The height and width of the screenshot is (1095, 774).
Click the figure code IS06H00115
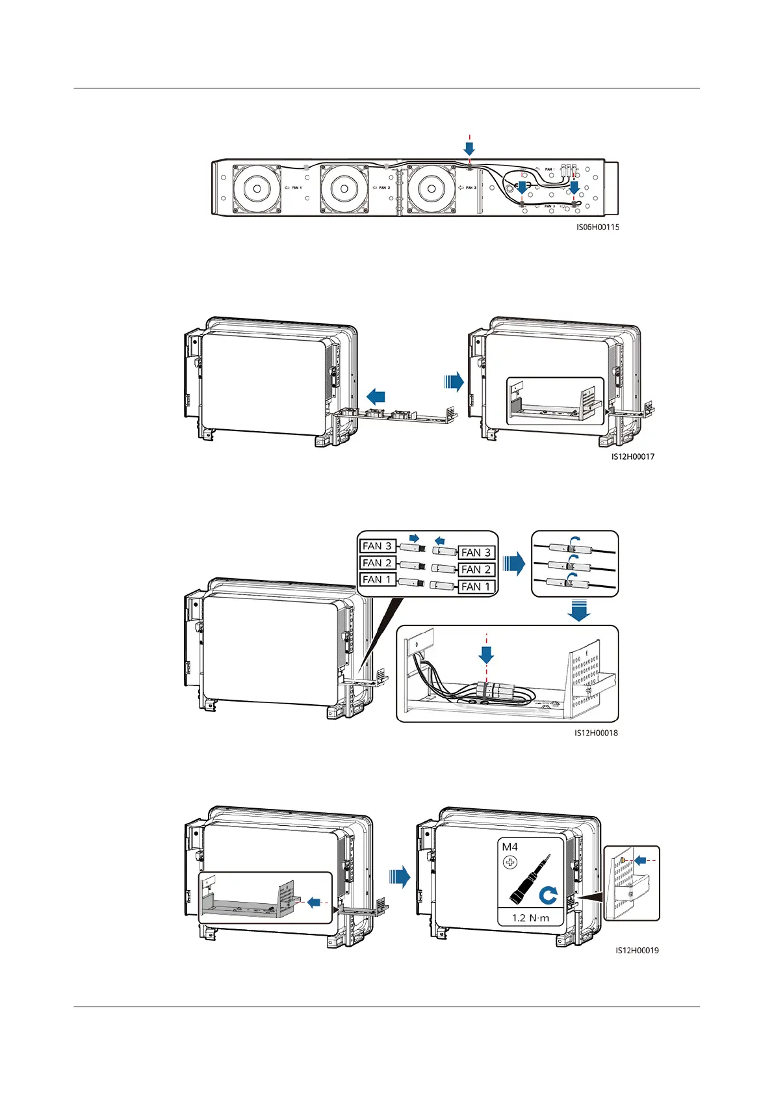coord(597,227)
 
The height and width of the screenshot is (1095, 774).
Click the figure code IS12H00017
coord(632,456)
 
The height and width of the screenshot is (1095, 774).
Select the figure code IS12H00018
coord(596,733)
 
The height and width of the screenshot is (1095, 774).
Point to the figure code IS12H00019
coord(637,950)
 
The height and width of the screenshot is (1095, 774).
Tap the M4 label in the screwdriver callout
coord(510,847)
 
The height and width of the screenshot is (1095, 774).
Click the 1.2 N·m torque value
coord(530,918)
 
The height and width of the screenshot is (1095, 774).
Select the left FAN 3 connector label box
coord(377,546)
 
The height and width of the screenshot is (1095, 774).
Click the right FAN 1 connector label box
coord(476,587)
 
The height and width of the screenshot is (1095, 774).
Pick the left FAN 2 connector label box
coord(377,563)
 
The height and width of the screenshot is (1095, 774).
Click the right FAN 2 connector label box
coord(476,570)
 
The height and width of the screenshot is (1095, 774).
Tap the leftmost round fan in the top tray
coord(257,189)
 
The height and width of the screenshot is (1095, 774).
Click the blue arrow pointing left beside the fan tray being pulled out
coord(376,395)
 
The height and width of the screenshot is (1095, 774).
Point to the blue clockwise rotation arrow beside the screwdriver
coord(548,897)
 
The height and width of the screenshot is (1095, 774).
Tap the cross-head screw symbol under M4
coord(510,863)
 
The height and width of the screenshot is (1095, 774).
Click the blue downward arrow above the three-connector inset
coord(578,611)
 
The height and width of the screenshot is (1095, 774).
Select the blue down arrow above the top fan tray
coord(469,149)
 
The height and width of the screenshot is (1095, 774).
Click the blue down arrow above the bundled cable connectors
coord(486,655)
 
